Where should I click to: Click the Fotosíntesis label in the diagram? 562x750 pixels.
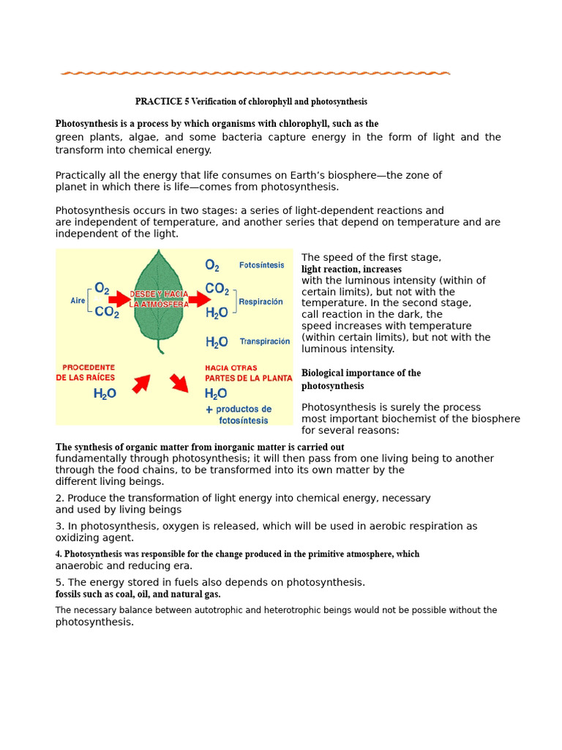click(x=261, y=265)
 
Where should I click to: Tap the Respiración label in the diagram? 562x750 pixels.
click(x=261, y=302)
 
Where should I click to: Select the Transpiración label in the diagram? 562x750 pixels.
click(x=264, y=341)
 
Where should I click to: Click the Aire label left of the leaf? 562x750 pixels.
click(x=78, y=300)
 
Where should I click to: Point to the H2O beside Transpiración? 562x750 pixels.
click(x=217, y=342)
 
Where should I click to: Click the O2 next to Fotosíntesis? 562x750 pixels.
click(x=212, y=265)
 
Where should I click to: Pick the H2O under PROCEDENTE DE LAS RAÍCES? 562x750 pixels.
click(x=105, y=394)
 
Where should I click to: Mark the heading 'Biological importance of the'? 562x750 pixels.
click(x=361, y=373)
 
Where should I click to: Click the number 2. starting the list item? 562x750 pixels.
click(x=60, y=498)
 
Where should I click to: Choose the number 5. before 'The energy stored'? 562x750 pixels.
click(x=60, y=582)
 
